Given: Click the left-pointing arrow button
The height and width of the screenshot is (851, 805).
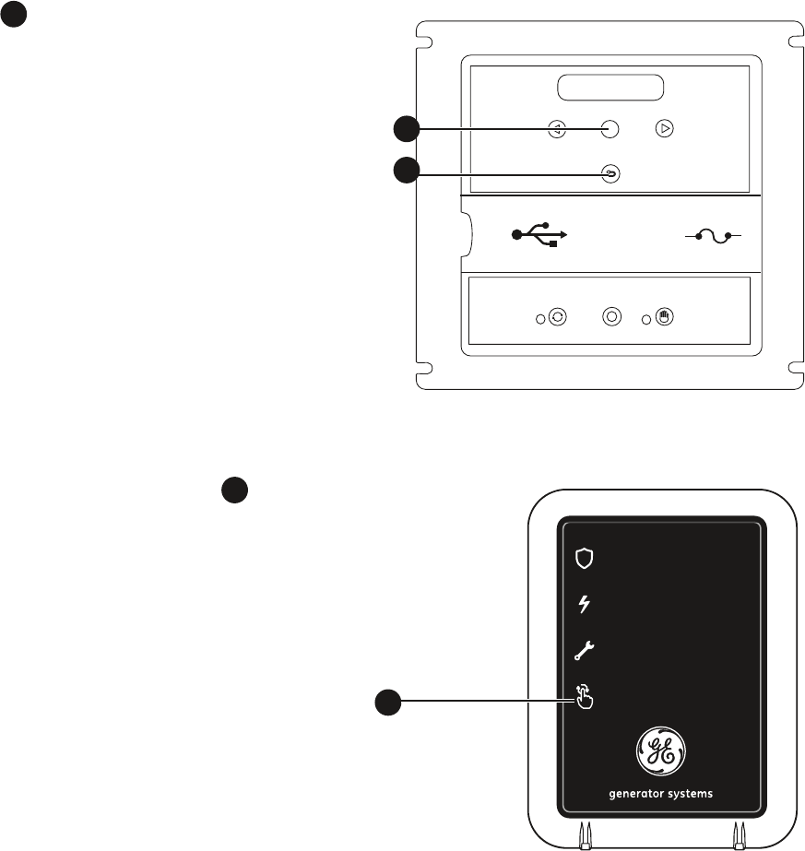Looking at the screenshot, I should click(x=557, y=129).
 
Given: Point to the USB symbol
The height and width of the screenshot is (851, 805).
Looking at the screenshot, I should click(x=539, y=234).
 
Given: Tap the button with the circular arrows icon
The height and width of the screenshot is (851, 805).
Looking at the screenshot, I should click(x=557, y=317).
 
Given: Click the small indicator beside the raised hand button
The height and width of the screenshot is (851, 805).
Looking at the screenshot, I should click(x=646, y=318).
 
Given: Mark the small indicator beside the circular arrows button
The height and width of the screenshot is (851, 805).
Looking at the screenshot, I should click(x=539, y=318).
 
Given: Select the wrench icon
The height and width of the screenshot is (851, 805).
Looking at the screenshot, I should click(x=585, y=652).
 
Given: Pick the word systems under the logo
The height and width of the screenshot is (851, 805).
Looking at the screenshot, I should click(x=691, y=794).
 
